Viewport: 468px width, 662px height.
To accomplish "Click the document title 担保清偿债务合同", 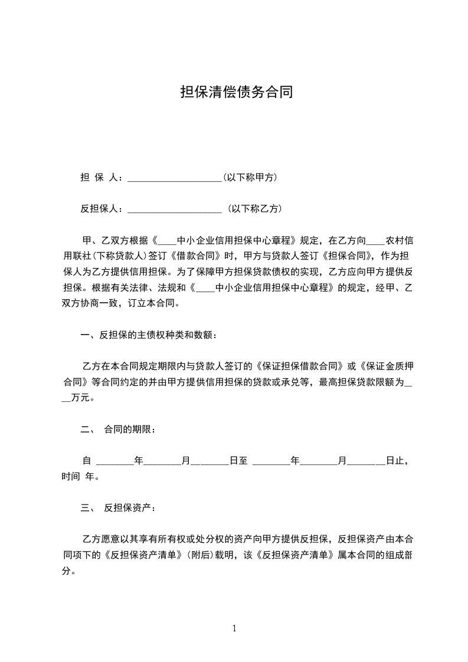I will pyautogui.click(x=236, y=92).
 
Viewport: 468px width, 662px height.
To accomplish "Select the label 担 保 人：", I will pyautogui.click(x=102, y=178).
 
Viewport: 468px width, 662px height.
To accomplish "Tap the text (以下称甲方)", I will pyautogui.click(x=251, y=178).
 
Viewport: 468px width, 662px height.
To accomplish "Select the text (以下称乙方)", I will pyautogui.click(x=254, y=208).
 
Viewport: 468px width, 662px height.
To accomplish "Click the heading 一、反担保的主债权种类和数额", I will pyautogui.click(x=148, y=336).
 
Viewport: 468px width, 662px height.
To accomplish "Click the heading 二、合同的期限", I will pyautogui.click(x=118, y=429).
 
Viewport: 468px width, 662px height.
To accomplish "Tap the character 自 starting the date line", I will pyautogui.click(x=87, y=460).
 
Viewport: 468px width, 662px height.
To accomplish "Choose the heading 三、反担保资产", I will pyautogui.click(x=118, y=507).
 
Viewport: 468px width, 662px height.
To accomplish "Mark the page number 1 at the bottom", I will pyautogui.click(x=234, y=628).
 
